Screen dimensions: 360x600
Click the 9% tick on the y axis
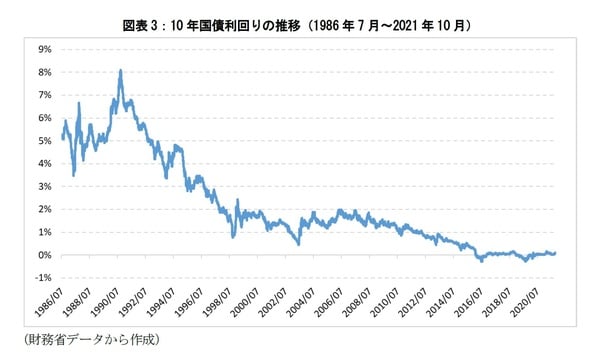44,49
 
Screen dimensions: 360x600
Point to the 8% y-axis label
44,72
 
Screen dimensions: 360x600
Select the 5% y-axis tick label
44,141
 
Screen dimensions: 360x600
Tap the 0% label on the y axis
44,255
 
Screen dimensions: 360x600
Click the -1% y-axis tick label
42,278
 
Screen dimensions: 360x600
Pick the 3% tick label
44,187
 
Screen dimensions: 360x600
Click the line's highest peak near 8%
121,71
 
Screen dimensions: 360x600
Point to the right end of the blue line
556,253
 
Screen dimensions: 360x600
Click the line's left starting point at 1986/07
62,137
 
